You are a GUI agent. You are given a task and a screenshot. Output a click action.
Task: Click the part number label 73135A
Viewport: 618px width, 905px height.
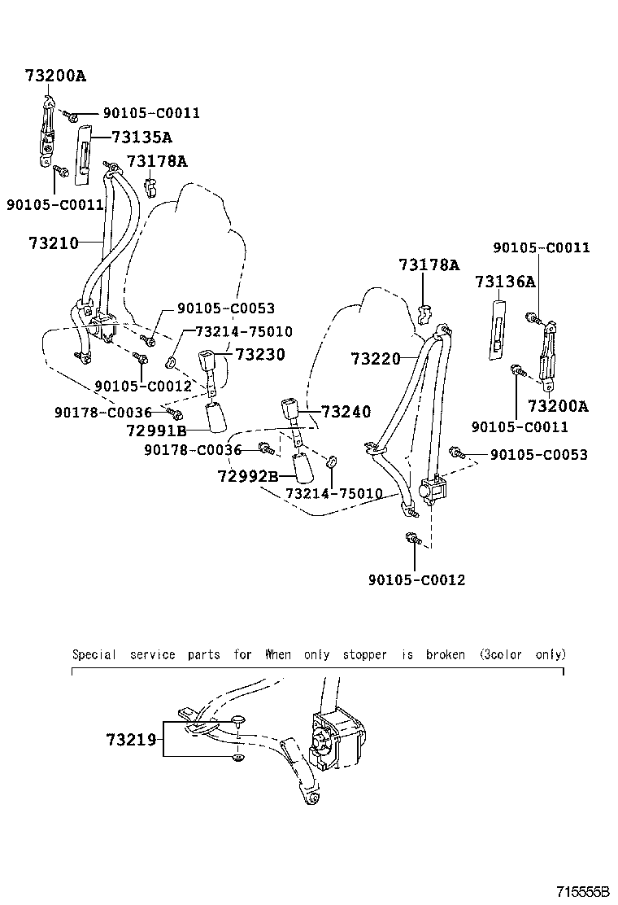[x=141, y=138]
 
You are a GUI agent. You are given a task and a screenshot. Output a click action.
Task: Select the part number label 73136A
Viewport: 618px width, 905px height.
[x=505, y=282]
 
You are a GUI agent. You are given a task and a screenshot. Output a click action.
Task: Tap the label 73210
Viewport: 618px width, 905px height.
[x=54, y=243]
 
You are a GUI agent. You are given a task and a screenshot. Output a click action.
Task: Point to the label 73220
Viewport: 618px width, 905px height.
[x=376, y=358]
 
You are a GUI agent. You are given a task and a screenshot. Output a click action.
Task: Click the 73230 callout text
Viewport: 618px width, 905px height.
[x=261, y=355]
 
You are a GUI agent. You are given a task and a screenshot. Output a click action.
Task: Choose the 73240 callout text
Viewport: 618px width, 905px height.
[x=345, y=412]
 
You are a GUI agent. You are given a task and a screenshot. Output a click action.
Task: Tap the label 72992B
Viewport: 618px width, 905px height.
[x=248, y=475]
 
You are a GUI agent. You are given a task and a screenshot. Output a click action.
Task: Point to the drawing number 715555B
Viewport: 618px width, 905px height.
[x=585, y=892]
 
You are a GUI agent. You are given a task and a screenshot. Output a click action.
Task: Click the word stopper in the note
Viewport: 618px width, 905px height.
[x=364, y=654]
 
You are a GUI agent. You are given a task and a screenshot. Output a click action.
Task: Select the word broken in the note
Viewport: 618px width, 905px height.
[x=445, y=654]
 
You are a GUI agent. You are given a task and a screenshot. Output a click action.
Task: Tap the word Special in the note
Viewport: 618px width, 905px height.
[x=94, y=654]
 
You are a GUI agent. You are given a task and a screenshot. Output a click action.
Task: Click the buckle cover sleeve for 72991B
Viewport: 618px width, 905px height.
[x=216, y=418]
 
